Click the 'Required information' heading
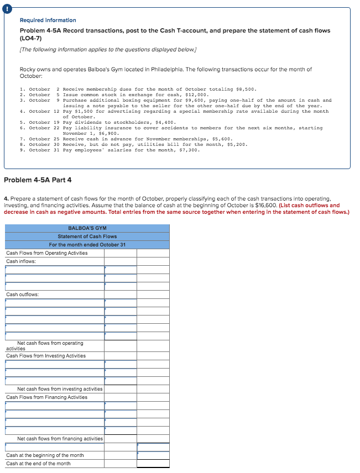[48, 20]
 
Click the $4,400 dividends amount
[166, 122]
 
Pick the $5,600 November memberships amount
[223, 139]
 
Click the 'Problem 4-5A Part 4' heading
[38, 180]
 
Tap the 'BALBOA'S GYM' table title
[87, 228]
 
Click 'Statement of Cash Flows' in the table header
[87, 236]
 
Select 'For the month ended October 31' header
[87, 245]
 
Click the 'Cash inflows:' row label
[21, 261]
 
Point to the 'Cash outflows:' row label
[23, 295]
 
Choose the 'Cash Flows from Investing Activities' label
[46, 356]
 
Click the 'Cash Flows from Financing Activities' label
[46, 397]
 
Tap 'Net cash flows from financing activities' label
[60, 439]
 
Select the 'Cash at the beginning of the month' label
[45, 455]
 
